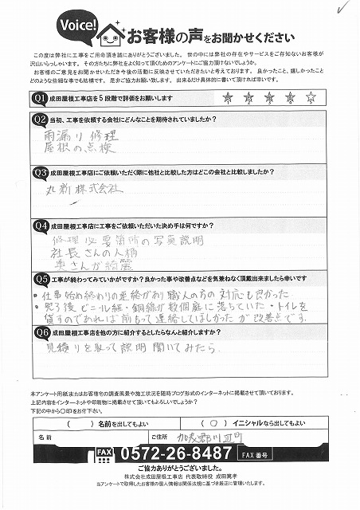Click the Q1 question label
tap(37, 97)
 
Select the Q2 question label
tap(37, 120)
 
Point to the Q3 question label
tap(37, 172)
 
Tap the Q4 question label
tap(37, 225)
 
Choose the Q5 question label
tap(37, 279)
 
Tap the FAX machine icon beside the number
tap(104, 453)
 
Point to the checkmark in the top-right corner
tap(344, 7)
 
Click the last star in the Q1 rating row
tap(311, 97)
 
